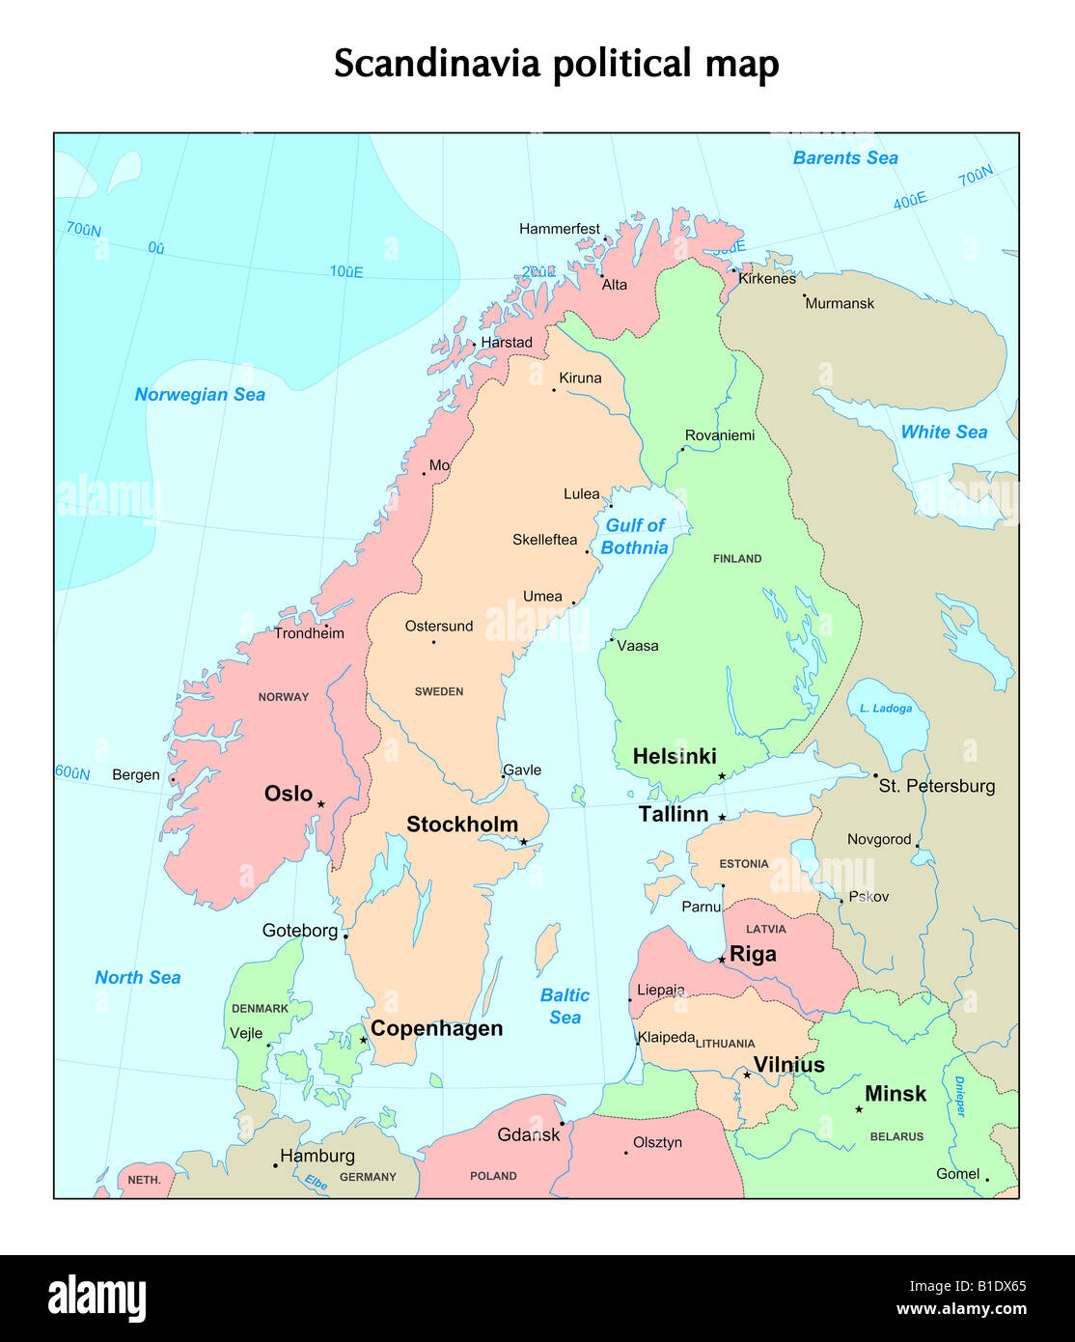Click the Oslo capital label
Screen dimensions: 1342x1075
(289, 794)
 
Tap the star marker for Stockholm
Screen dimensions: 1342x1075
(524, 842)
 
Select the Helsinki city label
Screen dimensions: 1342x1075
(675, 756)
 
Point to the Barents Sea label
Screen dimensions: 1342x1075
(845, 158)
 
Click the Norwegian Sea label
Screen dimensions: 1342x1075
(200, 394)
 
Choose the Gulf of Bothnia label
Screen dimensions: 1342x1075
(635, 537)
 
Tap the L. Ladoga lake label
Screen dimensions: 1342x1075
(886, 708)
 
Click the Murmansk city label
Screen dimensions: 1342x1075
(840, 303)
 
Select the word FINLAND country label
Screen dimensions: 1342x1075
(737, 559)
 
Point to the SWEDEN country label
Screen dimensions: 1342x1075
(439, 691)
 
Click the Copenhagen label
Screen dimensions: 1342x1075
(436, 1028)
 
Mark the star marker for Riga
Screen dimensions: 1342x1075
(722, 960)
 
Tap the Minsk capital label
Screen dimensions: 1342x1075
(895, 1094)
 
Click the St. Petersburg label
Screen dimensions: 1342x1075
(936, 786)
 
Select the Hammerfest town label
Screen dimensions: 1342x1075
(559, 229)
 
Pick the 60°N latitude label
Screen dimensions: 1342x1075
(72, 772)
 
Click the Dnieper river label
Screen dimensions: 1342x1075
(959, 1097)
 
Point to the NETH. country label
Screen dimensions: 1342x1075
(144, 1180)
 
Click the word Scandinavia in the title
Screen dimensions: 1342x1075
(437, 65)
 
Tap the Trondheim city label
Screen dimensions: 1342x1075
(309, 633)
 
